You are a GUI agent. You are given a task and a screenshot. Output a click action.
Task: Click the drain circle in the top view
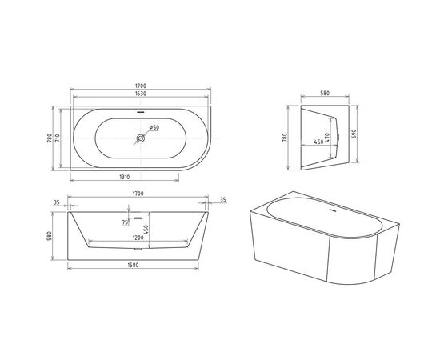(141, 138)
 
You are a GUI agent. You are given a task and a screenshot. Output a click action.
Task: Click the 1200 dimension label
(138, 238)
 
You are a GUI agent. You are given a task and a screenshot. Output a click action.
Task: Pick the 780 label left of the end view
(287, 138)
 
